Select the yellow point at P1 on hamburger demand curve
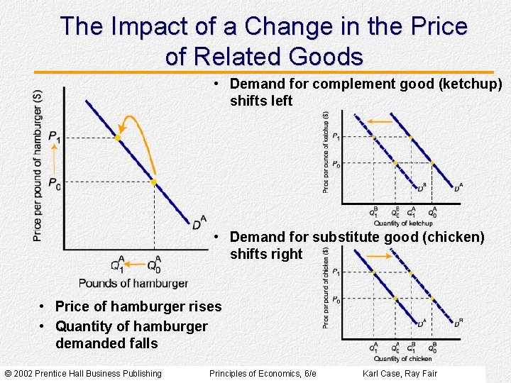pos(118,138)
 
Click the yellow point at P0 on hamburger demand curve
pos(154,182)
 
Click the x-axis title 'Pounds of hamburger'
pos(133,283)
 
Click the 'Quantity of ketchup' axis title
pos(402,223)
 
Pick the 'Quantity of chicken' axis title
pos(402,358)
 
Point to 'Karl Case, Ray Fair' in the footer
pos(400,374)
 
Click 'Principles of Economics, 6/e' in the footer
pos(263,374)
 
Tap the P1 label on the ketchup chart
pos(336,136)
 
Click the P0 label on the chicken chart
pos(336,300)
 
